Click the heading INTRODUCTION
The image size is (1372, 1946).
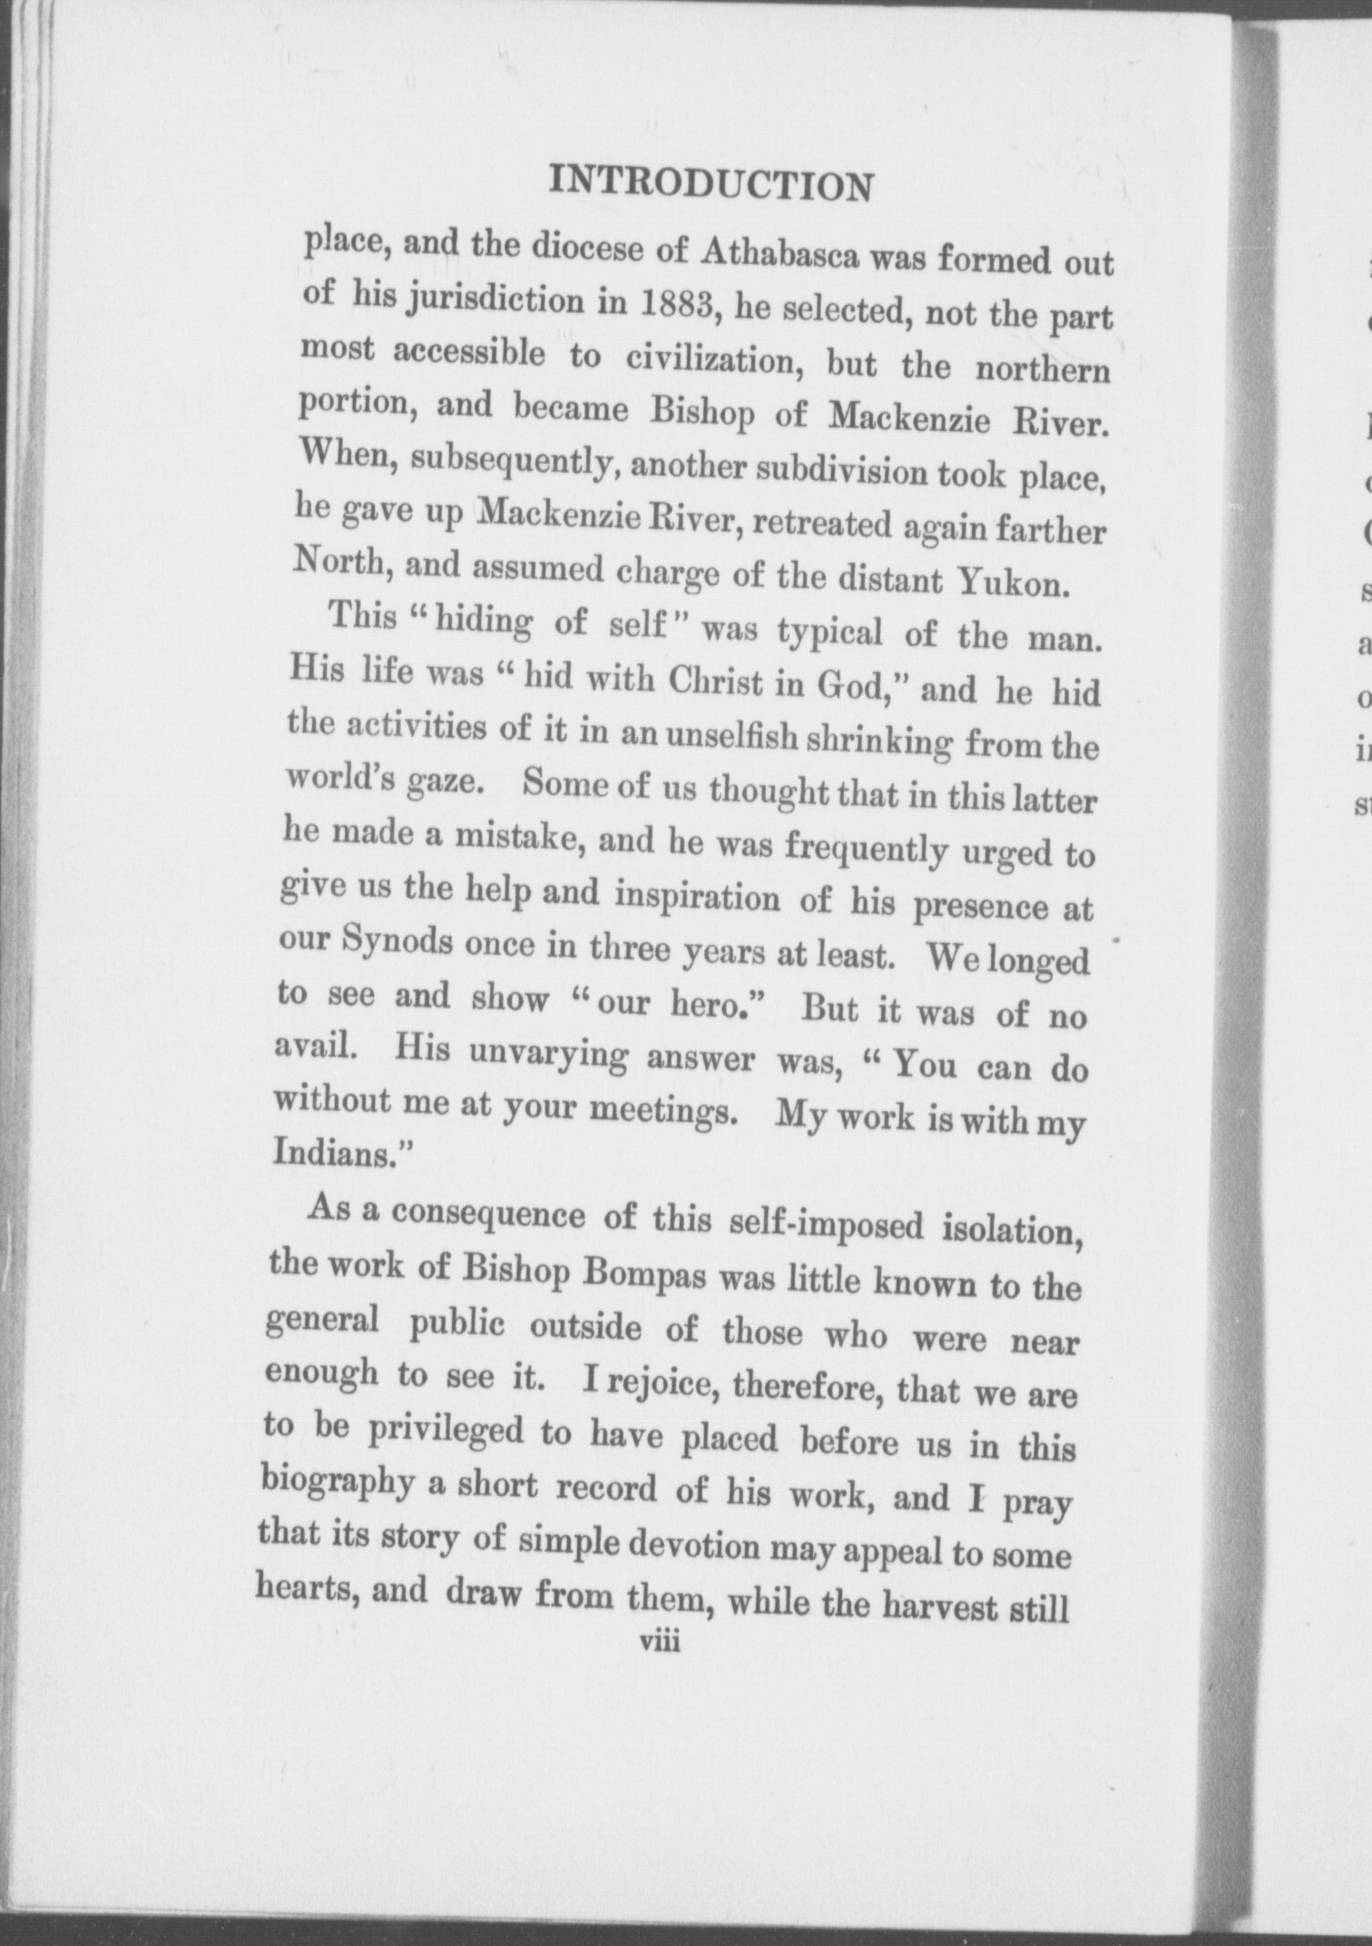(711, 184)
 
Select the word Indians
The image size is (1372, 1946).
(340, 1153)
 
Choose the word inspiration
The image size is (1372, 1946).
(697, 897)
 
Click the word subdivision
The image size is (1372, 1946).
(841, 472)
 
